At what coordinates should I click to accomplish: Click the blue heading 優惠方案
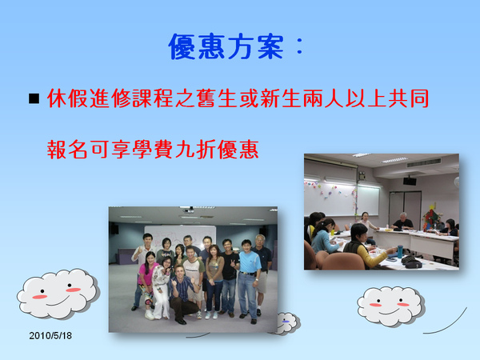(226, 46)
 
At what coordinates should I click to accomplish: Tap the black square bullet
(34, 98)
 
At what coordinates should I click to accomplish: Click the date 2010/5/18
(50, 335)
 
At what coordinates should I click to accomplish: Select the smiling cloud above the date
(58, 293)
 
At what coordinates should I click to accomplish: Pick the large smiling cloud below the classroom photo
(391, 306)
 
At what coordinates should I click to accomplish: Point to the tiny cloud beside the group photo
(288, 323)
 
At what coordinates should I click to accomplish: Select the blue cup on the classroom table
(399, 251)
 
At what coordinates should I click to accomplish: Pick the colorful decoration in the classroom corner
(431, 216)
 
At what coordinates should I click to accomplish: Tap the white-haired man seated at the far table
(403, 222)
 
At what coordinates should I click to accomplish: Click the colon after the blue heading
(300, 47)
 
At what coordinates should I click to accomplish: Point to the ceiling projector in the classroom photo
(410, 181)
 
